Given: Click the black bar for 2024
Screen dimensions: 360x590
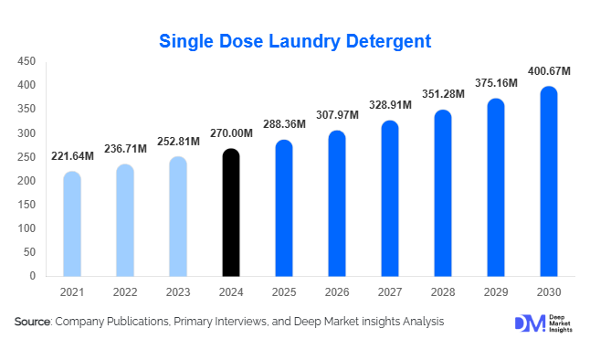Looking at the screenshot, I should [231, 212].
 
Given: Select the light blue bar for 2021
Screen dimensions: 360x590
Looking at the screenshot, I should [71, 224].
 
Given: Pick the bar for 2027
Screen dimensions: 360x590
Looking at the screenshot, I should [390, 198].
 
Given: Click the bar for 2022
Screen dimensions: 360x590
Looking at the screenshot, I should [124, 220].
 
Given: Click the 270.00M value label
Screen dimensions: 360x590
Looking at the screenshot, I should [231, 133].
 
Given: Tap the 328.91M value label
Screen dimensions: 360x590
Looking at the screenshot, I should [390, 105].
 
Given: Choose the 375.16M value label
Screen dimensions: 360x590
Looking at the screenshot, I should [496, 83].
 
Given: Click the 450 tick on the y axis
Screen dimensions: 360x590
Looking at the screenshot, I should [27, 61].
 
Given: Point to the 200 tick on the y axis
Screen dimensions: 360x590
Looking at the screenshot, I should [27, 181].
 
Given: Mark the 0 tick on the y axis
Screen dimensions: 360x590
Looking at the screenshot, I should [33, 276].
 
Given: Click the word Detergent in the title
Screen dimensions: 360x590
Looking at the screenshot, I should [377, 41].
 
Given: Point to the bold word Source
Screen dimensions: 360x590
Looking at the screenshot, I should [32, 322].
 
